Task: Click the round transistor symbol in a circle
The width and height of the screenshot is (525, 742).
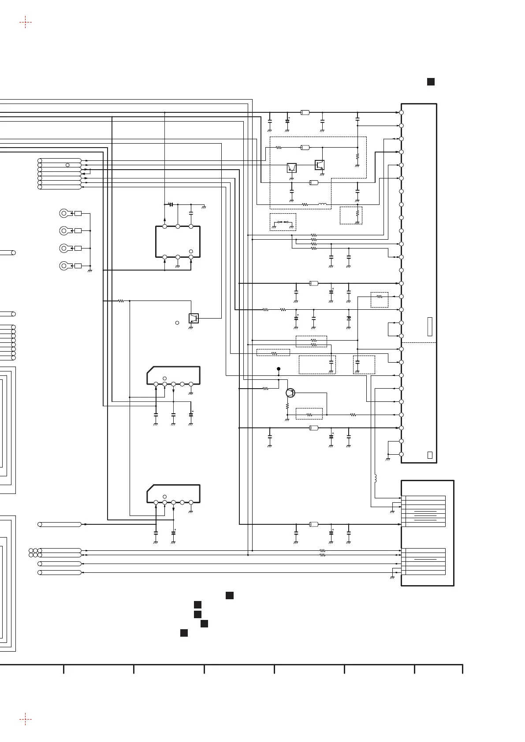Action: pyautogui.click(x=290, y=393)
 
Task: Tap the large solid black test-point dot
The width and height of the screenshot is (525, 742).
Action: pyautogui.click(x=279, y=369)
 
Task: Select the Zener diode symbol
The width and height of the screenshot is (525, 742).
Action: pyautogui.click(x=349, y=318)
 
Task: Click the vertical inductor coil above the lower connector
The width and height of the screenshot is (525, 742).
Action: pyautogui.click(x=375, y=478)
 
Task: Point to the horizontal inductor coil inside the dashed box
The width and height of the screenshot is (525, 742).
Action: pyautogui.click(x=323, y=204)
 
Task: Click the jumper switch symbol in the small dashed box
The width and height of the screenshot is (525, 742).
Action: pyautogui.click(x=283, y=222)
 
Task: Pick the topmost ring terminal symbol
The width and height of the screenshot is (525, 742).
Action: pyautogui.click(x=64, y=214)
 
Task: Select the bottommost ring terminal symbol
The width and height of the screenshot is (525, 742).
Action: pyautogui.click(x=64, y=266)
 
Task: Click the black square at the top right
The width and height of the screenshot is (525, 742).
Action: pyautogui.click(x=431, y=82)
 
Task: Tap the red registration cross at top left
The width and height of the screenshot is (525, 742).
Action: pyautogui.click(x=26, y=22)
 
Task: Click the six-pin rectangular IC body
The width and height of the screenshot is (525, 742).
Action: pyautogui.click(x=178, y=241)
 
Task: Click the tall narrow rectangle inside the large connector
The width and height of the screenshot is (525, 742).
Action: pyautogui.click(x=430, y=326)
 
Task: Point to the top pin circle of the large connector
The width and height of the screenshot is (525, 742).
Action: pyautogui.click(x=402, y=112)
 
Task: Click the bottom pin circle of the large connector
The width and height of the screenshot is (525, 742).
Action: pyautogui.click(x=402, y=454)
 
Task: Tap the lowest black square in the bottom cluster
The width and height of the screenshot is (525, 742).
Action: pyautogui.click(x=184, y=633)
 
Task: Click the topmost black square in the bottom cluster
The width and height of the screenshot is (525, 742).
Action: pyautogui.click(x=229, y=596)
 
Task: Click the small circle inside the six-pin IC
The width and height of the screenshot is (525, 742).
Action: pyautogui.click(x=191, y=251)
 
